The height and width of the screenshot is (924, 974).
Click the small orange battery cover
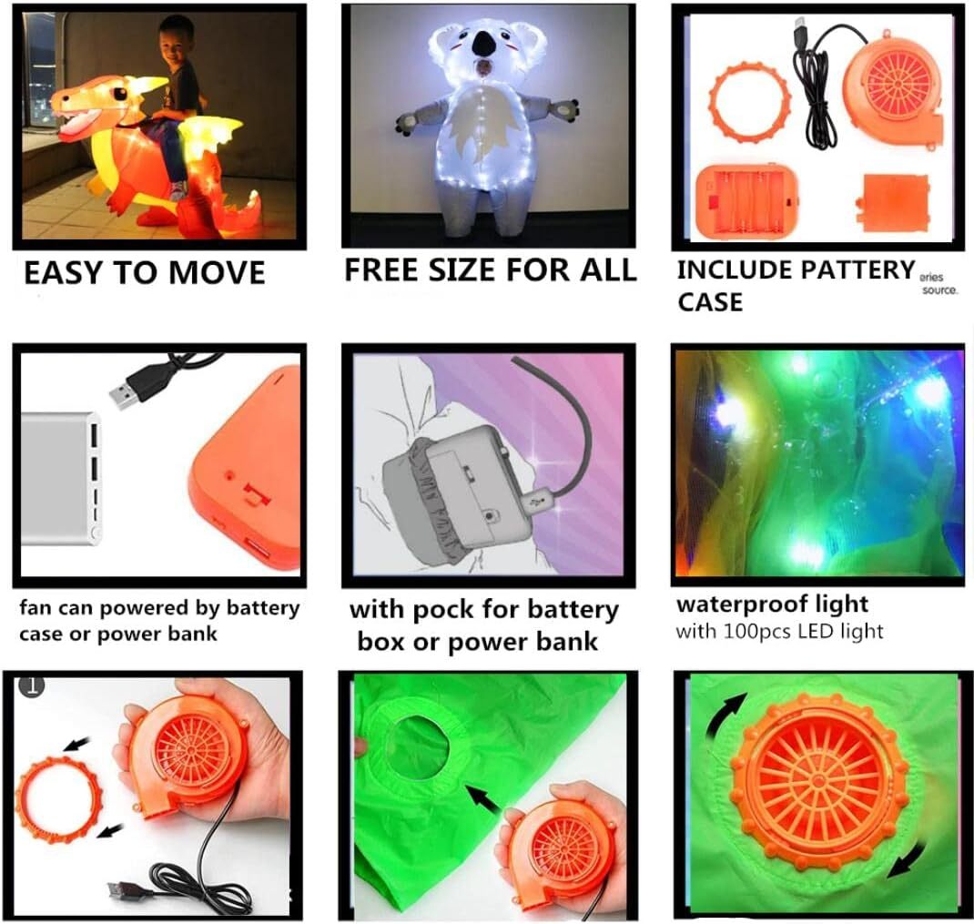[895, 202]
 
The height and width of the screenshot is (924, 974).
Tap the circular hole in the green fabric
[415, 747]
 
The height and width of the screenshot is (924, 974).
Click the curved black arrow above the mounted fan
[729, 719]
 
